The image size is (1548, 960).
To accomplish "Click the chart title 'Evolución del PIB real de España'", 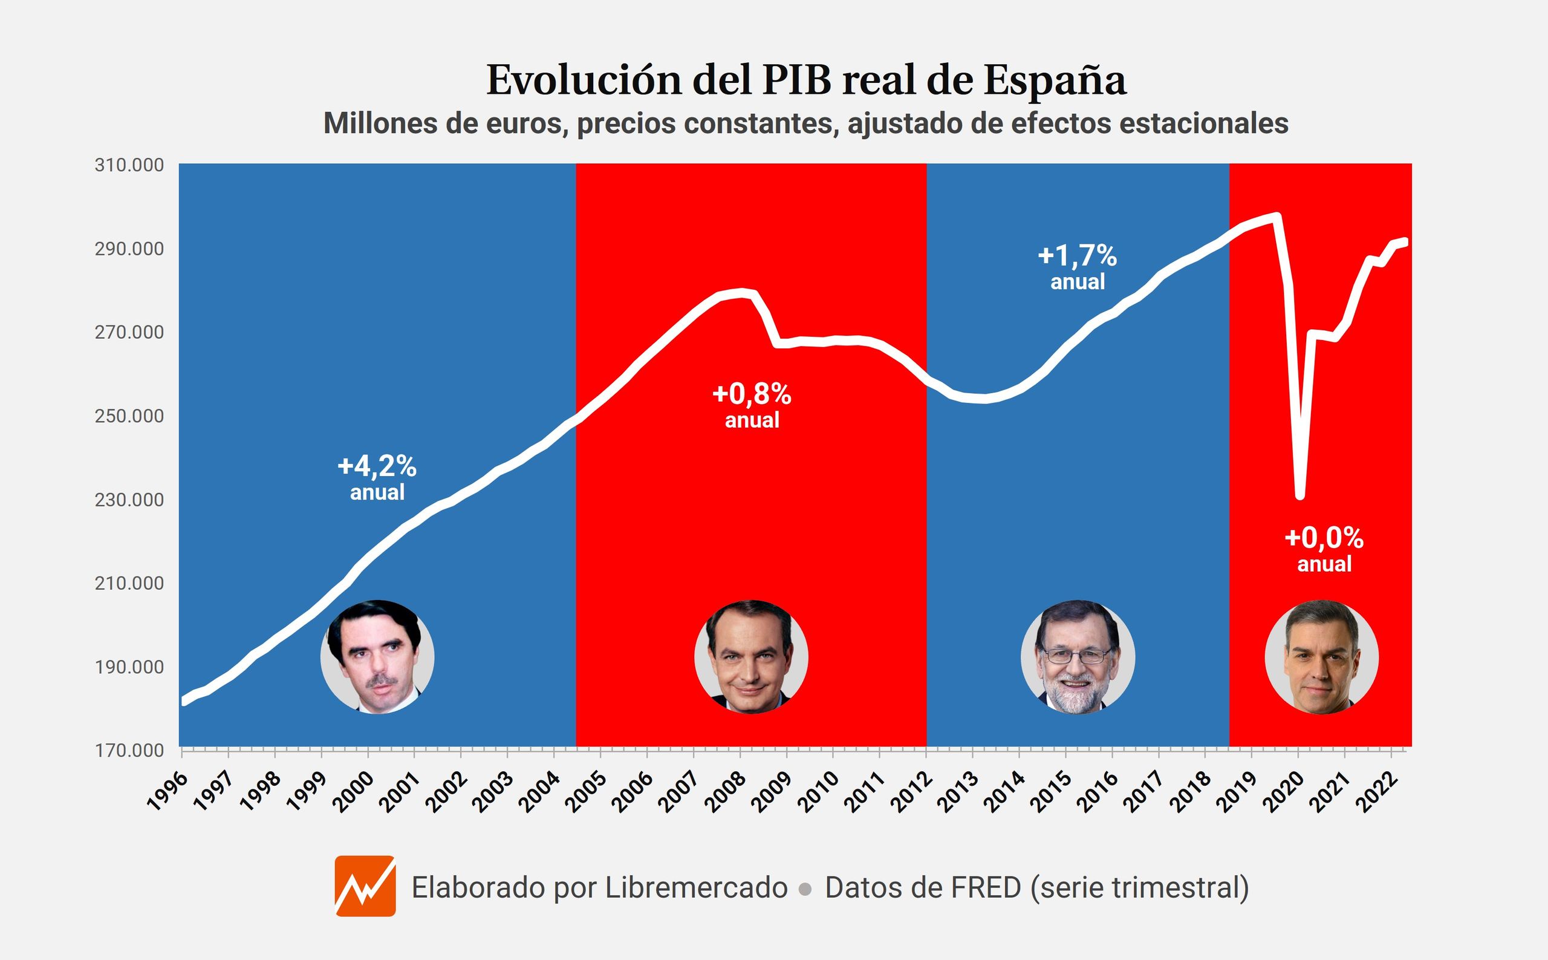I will (x=806, y=80).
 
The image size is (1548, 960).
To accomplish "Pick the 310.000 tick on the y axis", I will (x=129, y=165).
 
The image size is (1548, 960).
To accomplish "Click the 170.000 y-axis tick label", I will (x=129, y=751).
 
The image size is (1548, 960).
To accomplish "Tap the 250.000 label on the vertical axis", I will (x=129, y=416).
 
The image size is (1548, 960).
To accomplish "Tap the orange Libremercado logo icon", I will (x=365, y=886).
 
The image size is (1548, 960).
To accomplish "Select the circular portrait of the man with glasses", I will (x=1078, y=656).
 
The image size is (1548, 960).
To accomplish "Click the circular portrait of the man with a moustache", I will (x=377, y=656).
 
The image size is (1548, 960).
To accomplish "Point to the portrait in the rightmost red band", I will (x=1321, y=656).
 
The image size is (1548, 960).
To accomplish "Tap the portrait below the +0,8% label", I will (x=751, y=656).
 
